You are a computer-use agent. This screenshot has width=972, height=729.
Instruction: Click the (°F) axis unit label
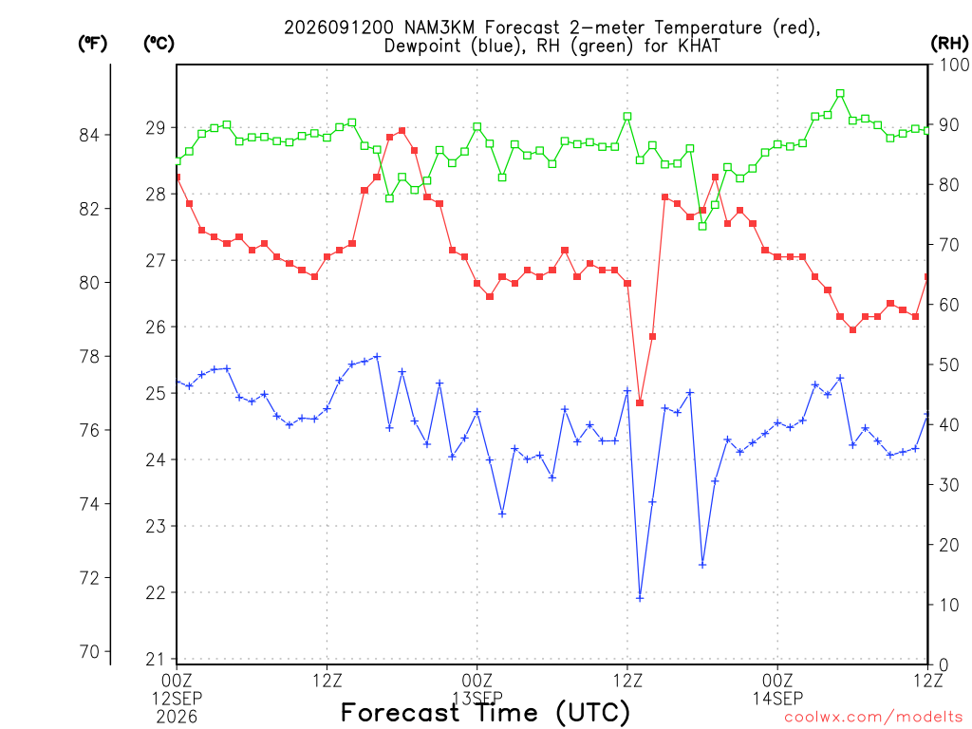click(x=92, y=44)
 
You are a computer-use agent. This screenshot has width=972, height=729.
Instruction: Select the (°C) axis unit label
click(x=159, y=44)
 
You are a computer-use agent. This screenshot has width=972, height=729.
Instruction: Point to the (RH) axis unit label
click(x=949, y=44)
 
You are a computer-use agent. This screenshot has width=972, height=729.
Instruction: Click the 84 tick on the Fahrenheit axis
click(x=90, y=135)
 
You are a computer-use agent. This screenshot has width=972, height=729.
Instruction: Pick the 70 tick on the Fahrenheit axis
click(x=90, y=652)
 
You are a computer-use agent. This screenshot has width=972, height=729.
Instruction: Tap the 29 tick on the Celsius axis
click(x=156, y=128)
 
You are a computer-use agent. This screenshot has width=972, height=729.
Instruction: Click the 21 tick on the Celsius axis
click(x=156, y=660)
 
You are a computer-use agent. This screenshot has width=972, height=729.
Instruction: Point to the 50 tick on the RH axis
click(x=949, y=365)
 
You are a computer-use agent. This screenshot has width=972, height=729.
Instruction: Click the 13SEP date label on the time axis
click(x=477, y=699)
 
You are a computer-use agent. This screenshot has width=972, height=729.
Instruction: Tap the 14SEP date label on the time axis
click(x=777, y=699)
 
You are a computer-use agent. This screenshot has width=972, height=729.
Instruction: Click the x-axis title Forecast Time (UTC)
click(x=485, y=713)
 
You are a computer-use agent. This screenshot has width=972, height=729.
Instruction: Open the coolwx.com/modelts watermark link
click(x=873, y=718)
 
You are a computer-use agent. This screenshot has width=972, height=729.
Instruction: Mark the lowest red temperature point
click(x=640, y=402)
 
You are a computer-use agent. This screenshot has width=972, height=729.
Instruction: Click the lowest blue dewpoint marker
click(x=640, y=598)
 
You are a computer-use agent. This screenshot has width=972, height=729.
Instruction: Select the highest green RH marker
click(x=840, y=94)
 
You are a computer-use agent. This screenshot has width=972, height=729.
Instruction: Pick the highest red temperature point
click(x=402, y=131)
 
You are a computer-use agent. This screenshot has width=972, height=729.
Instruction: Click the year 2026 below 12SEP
click(x=177, y=718)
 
